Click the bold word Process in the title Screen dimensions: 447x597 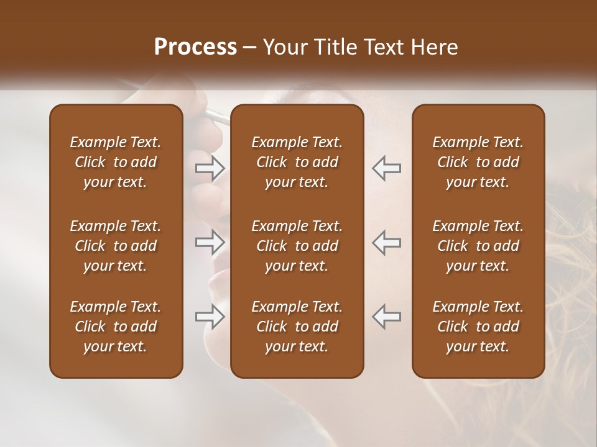[x=195, y=47]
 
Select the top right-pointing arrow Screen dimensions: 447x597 [x=210, y=168]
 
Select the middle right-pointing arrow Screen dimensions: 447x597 [x=210, y=242]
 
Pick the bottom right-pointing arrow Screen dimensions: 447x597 [x=210, y=316]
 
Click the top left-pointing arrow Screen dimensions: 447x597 [x=386, y=168]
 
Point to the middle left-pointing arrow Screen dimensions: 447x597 [x=386, y=242]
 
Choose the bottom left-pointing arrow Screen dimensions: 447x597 [x=386, y=316]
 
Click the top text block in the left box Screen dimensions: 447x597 [x=116, y=162]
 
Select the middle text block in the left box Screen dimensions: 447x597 [x=116, y=246]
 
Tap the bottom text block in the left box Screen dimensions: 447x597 [x=116, y=327]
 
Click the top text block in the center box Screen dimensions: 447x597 [x=297, y=162]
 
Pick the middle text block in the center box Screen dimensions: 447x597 [x=297, y=246]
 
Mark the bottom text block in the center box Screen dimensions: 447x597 [x=297, y=327]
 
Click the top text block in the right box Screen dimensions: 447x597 [x=478, y=162]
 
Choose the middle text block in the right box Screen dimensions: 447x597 [x=478, y=246]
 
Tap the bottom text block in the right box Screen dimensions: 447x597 [x=478, y=327]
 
